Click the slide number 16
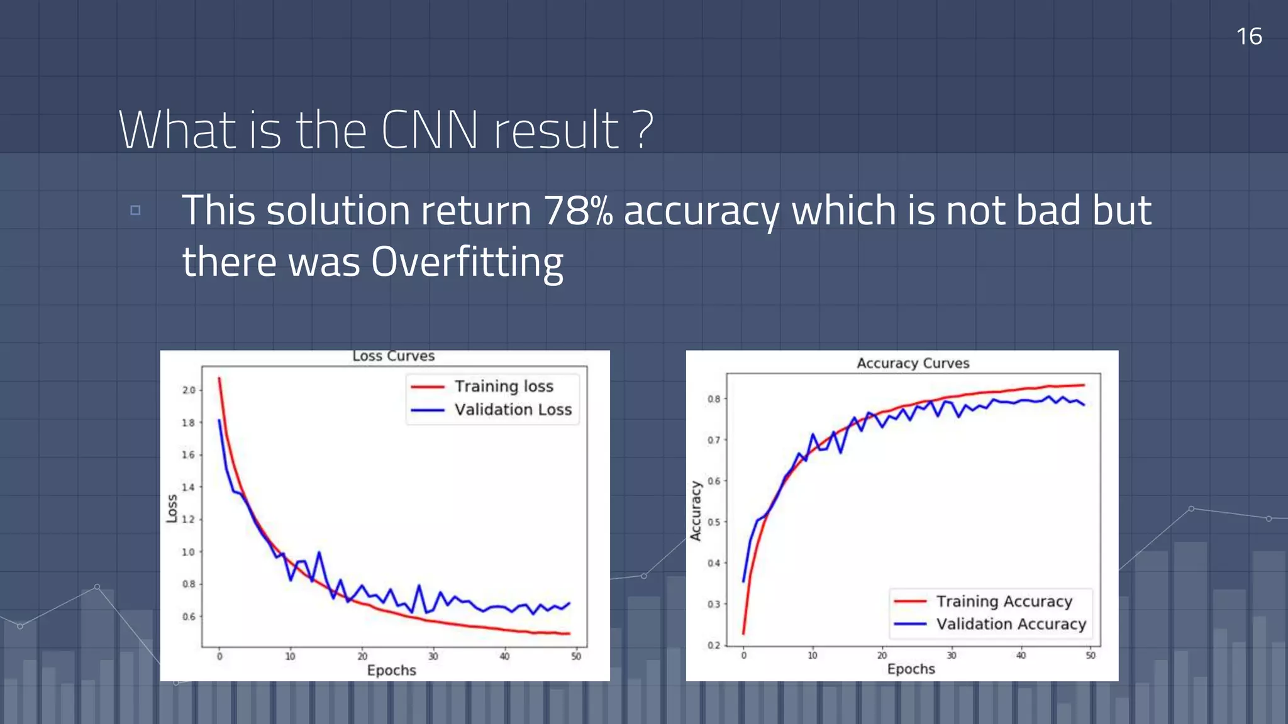click(x=1248, y=36)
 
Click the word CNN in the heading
click(x=429, y=130)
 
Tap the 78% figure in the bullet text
click(x=577, y=210)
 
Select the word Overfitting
click(x=467, y=261)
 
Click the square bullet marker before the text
click(x=135, y=210)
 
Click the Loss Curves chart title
click(x=393, y=356)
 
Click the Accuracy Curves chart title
click(x=913, y=363)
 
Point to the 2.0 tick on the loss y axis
click(x=188, y=390)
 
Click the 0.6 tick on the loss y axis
click(x=188, y=617)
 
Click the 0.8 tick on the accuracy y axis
click(x=713, y=399)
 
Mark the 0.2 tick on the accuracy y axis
click(x=713, y=645)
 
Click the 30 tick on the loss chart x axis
click(x=433, y=657)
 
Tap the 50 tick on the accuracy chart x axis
click(x=1091, y=655)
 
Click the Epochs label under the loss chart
click(x=391, y=671)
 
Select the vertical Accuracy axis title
click(x=696, y=511)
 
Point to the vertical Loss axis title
click(x=172, y=508)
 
